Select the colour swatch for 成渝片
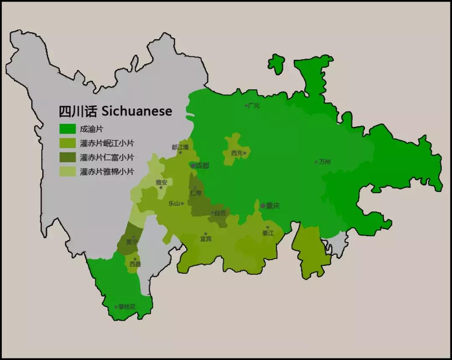point(67,129)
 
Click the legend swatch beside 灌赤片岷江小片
point(67,143)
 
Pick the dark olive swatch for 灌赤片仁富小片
point(67,157)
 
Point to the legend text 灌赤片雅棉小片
point(107,171)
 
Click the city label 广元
point(254,106)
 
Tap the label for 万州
point(325,162)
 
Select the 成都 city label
point(202,166)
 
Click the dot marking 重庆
point(263,206)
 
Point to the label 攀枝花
point(127,307)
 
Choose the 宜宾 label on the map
point(205,239)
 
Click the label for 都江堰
point(180,147)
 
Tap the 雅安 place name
point(161,182)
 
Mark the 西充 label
point(237,153)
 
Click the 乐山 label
point(174,204)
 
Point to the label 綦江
point(268,233)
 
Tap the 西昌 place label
point(135,264)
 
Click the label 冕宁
point(132,242)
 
